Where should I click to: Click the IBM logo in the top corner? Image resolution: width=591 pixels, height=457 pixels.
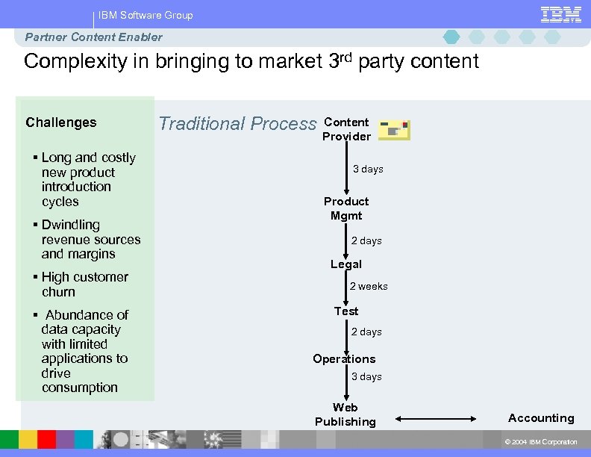(x=560, y=14)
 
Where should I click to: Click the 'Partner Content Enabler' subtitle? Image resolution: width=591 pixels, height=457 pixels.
(x=93, y=37)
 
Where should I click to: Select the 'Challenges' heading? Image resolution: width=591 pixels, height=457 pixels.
(x=61, y=122)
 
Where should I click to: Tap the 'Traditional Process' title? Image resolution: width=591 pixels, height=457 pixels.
(x=237, y=123)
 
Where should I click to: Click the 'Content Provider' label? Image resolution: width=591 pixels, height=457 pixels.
(x=346, y=129)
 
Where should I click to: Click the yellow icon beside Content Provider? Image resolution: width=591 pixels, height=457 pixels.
(x=394, y=130)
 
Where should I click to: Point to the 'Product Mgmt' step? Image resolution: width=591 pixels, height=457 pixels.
(x=346, y=208)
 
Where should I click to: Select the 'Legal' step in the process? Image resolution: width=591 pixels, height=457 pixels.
(x=346, y=264)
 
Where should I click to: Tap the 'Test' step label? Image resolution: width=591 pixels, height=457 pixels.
(x=346, y=311)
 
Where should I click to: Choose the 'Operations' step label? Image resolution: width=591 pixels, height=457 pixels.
(x=344, y=359)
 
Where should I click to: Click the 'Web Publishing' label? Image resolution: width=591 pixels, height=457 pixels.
(x=345, y=414)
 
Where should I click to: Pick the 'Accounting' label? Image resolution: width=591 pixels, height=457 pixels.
(x=541, y=418)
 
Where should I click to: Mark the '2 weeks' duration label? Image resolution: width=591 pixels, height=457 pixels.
(x=369, y=287)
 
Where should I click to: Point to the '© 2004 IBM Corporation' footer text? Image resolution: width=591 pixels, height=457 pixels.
(x=541, y=442)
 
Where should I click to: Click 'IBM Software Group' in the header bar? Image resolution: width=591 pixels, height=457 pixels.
(x=146, y=15)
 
